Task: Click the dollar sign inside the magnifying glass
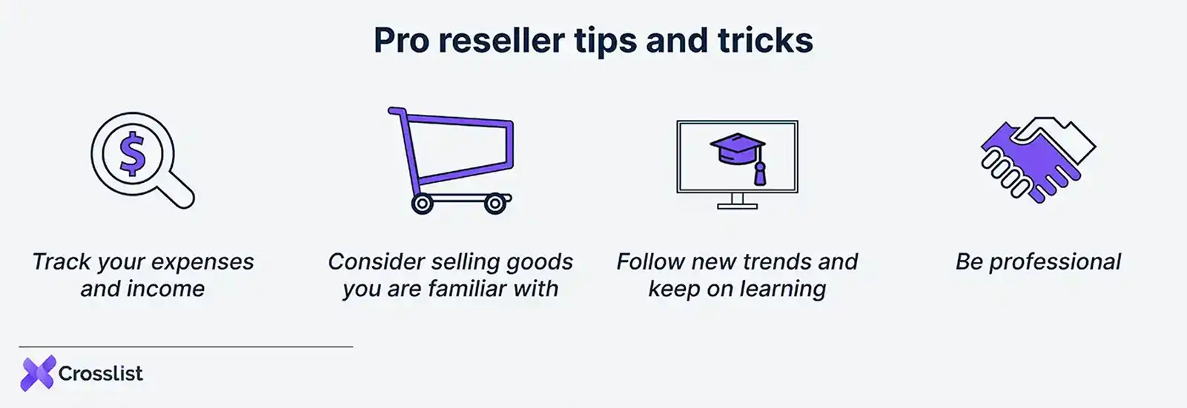[x=133, y=153]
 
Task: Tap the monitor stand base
[x=737, y=206]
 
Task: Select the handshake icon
[x=1037, y=159]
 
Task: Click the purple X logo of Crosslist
[x=38, y=373]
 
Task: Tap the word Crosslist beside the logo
[x=101, y=374]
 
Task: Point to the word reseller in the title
[x=501, y=40]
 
